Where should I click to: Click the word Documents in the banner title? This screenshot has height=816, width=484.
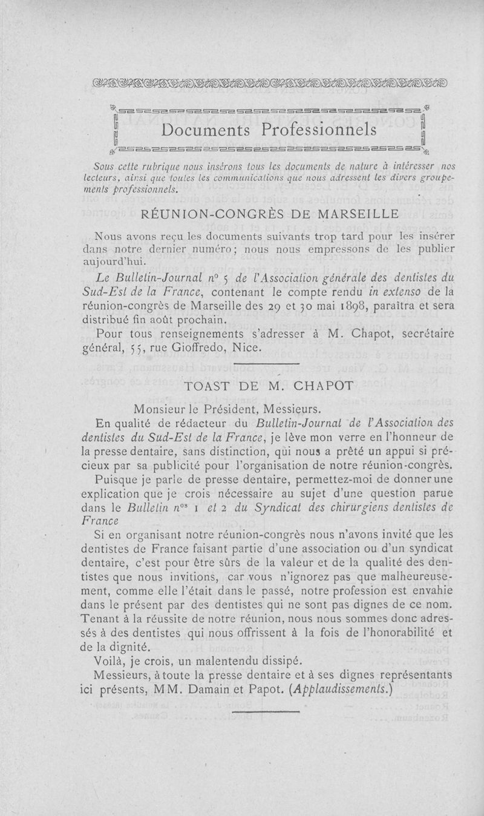click(203, 130)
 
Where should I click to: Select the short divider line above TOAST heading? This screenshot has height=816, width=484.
click(266, 364)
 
